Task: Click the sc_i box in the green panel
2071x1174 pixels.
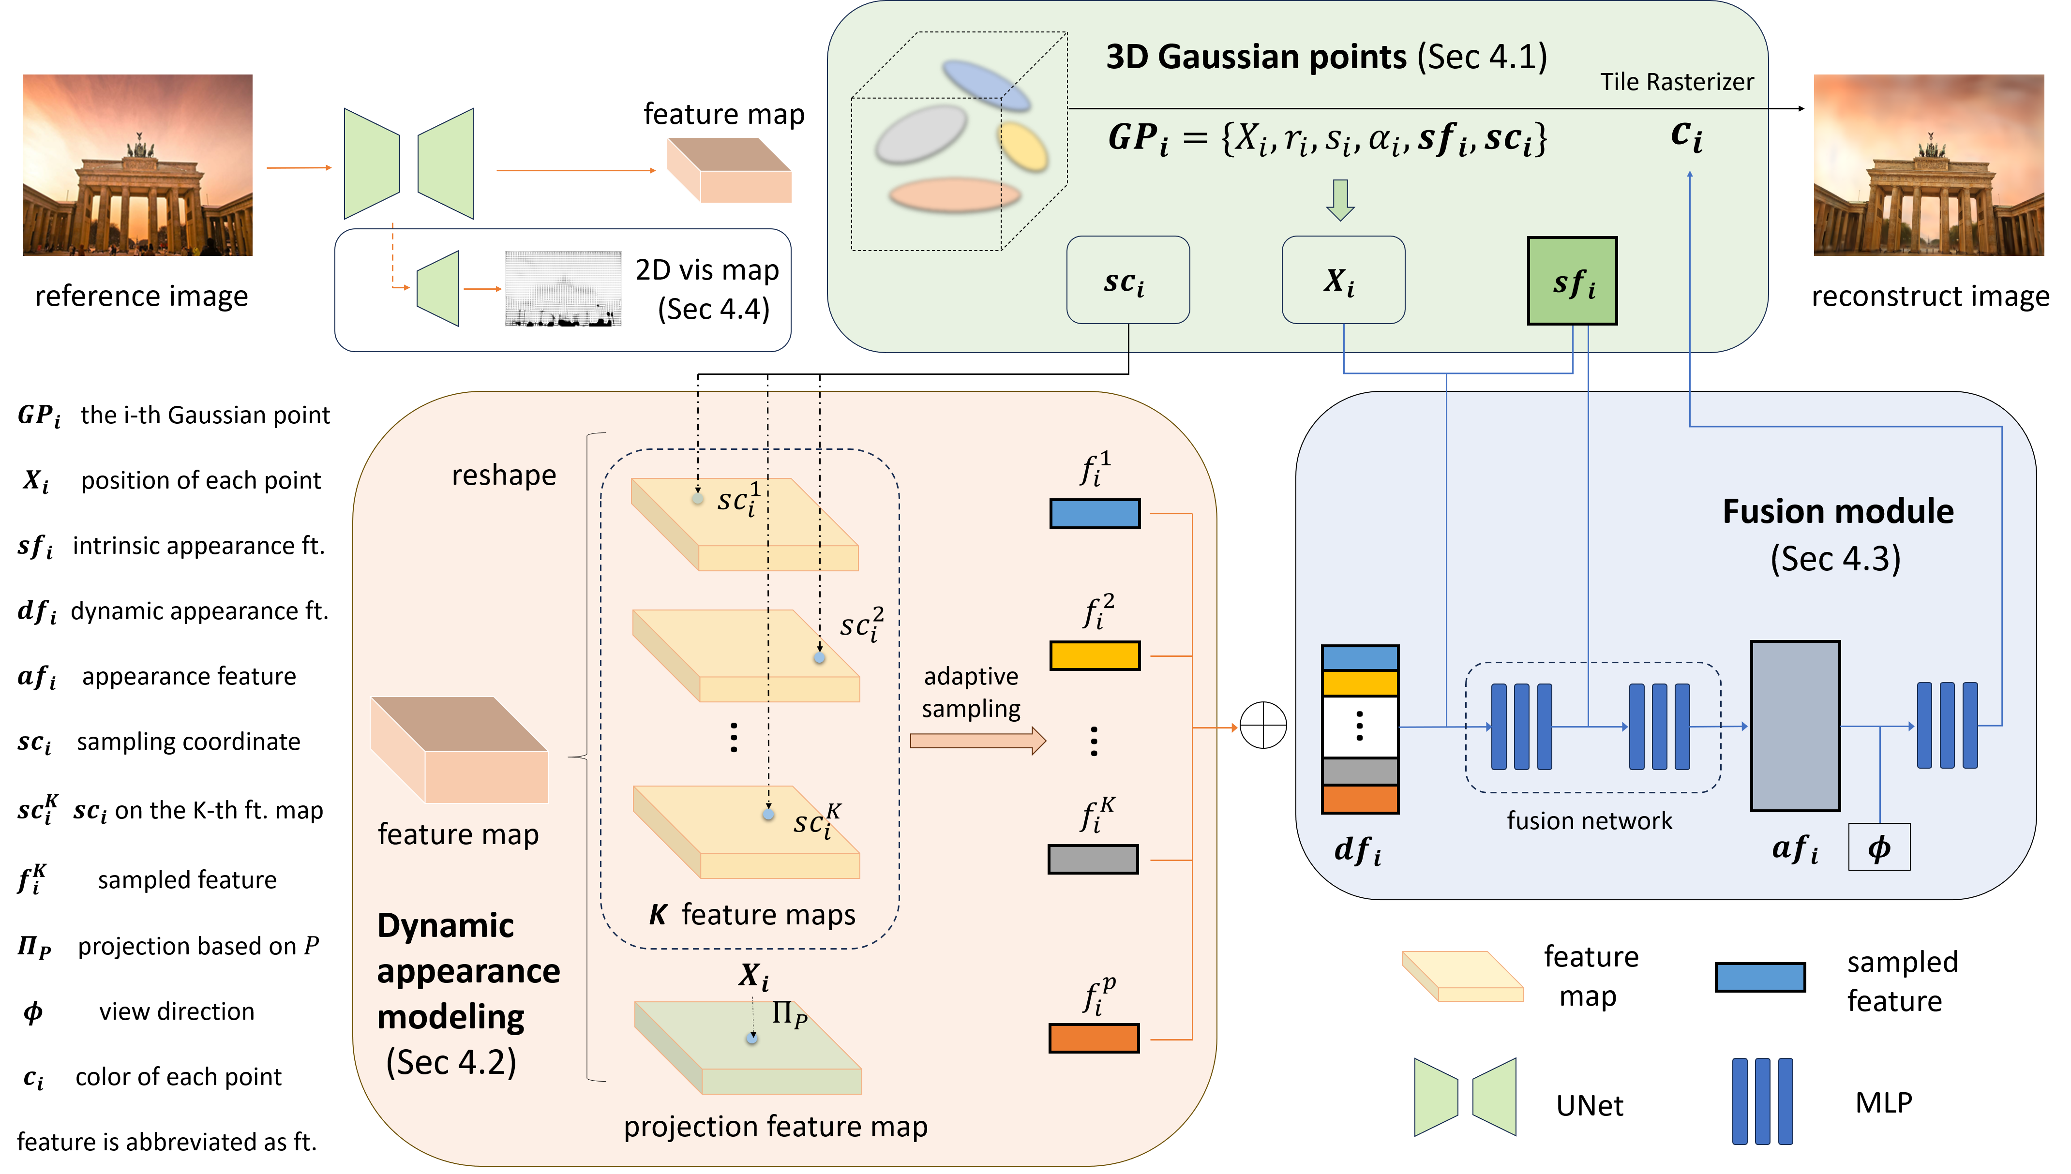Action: tap(1127, 280)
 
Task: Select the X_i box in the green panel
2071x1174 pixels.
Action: tap(1343, 280)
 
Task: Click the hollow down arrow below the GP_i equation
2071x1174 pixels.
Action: tap(1340, 199)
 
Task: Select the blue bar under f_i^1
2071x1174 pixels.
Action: tap(1095, 514)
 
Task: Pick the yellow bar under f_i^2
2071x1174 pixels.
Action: tap(1095, 655)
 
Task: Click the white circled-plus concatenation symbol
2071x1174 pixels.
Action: tap(1263, 726)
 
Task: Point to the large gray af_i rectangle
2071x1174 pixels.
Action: tap(1795, 726)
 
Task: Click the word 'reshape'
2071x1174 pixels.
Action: tap(503, 475)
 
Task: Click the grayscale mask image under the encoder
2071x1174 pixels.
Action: tap(563, 289)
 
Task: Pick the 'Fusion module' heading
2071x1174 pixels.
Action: tap(1838, 511)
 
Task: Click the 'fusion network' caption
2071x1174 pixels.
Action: tap(1589, 821)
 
